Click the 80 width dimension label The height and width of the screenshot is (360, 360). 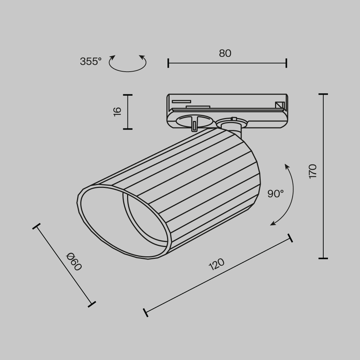225,53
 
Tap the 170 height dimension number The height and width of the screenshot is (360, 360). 312,171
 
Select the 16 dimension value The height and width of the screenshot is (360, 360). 117,111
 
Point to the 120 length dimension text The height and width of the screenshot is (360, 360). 217,265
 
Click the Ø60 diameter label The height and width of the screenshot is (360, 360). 74,262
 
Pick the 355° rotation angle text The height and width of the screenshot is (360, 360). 91,62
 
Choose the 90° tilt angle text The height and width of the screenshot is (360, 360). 275,194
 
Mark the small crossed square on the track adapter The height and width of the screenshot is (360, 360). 279,105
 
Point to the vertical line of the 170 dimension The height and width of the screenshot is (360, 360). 323,176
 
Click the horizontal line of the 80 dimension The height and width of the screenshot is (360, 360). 227,63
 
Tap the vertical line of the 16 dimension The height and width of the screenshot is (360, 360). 127,112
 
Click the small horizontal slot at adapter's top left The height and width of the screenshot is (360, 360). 181,101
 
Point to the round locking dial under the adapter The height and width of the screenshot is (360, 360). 194,120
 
